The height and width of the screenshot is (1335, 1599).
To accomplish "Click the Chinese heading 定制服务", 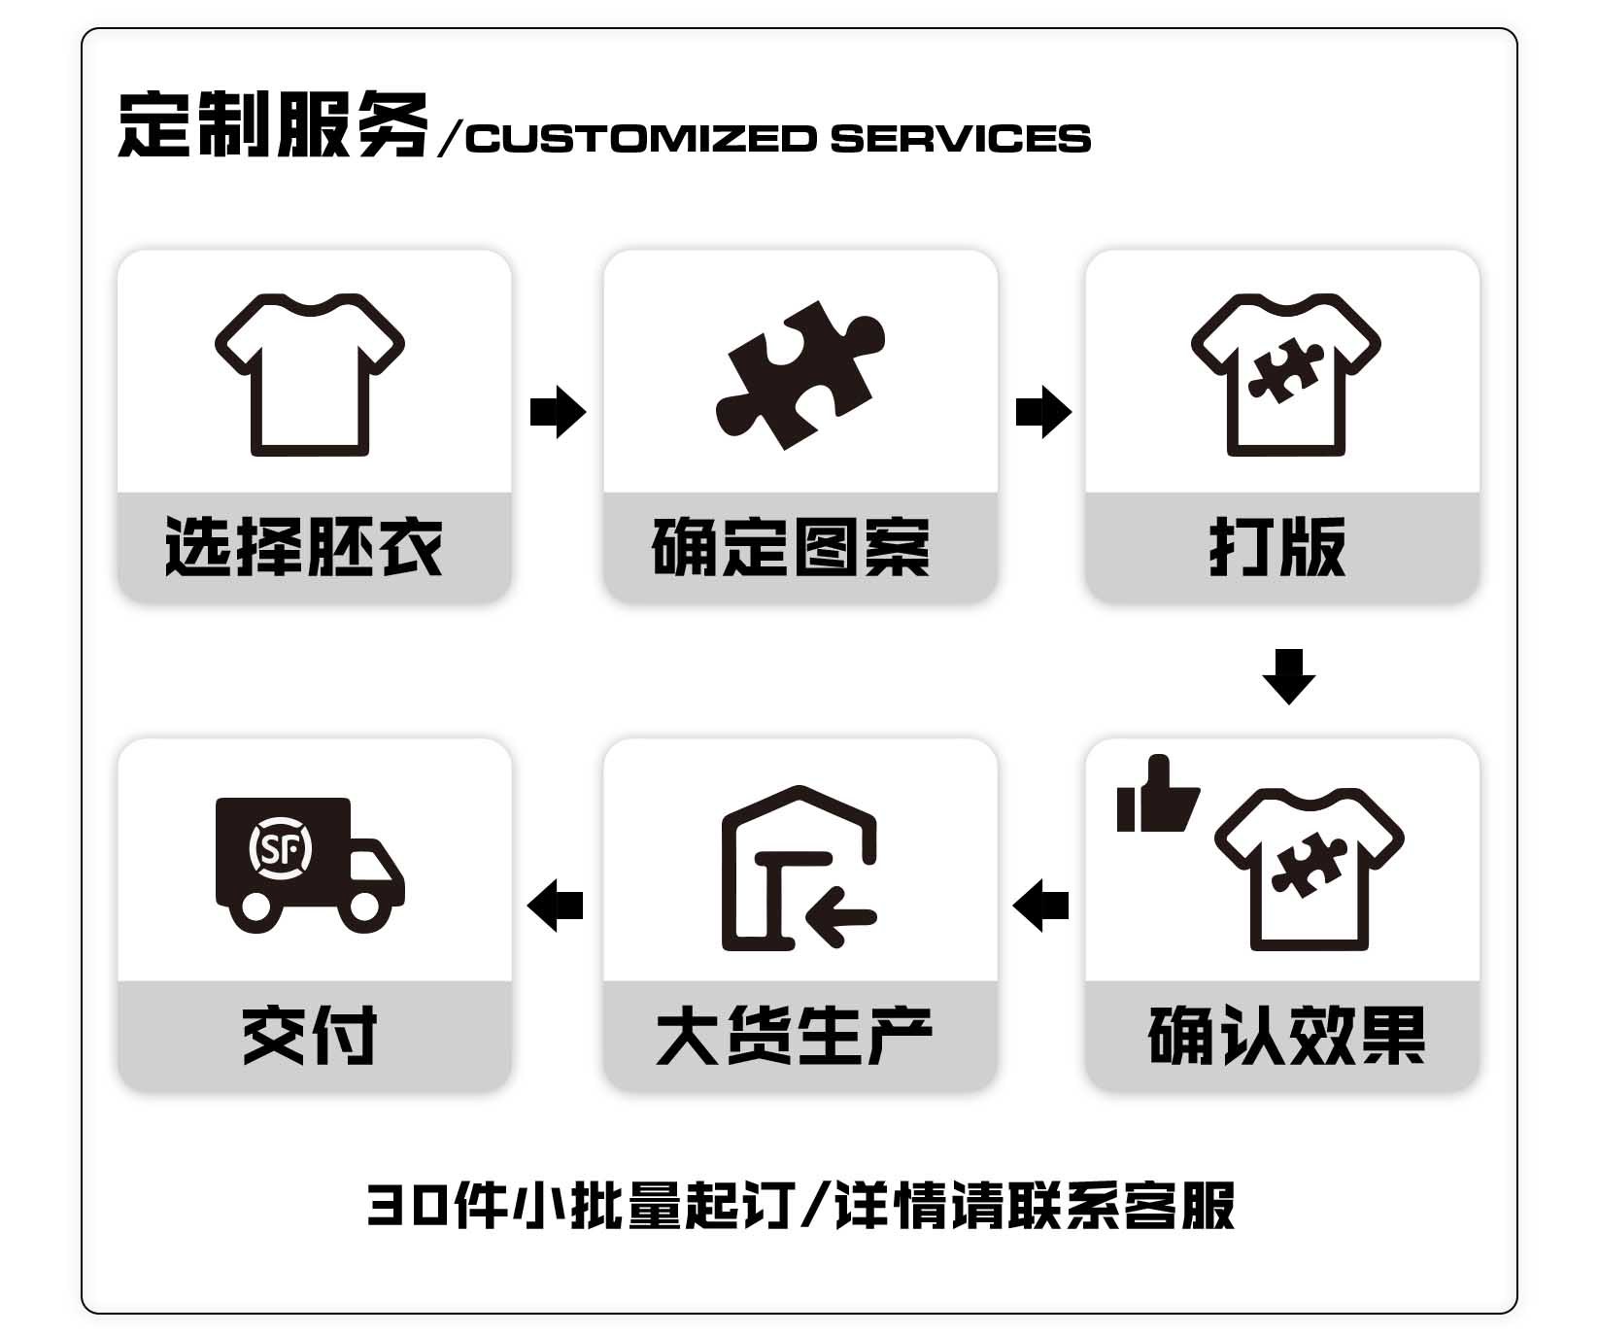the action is click(x=273, y=125).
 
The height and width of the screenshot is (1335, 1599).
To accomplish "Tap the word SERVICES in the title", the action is click(x=961, y=138).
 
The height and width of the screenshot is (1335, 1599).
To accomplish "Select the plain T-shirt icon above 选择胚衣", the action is click(x=310, y=375).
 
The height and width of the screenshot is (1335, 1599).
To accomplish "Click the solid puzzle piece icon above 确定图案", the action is click(x=800, y=375).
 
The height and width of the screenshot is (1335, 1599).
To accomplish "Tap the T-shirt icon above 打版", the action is click(x=1286, y=375).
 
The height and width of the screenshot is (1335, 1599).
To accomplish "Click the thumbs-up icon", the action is click(x=1157, y=794).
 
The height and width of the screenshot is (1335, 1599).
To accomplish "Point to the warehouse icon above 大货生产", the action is click(x=799, y=868).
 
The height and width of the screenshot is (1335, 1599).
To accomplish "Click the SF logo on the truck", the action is click(x=281, y=849).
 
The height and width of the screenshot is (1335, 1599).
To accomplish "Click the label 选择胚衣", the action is click(x=304, y=547).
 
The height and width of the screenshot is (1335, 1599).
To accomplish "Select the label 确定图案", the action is click(x=791, y=547).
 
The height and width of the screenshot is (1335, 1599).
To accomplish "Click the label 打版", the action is click(x=1277, y=547).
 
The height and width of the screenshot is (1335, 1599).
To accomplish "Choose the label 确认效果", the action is click(x=1287, y=1036).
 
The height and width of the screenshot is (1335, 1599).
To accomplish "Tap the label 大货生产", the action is click(x=795, y=1036).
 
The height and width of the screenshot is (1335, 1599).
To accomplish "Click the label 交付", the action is click(x=310, y=1036).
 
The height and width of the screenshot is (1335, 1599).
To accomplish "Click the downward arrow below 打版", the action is click(x=1289, y=676).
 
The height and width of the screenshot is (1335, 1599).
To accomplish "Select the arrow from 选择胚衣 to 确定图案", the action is click(x=559, y=412).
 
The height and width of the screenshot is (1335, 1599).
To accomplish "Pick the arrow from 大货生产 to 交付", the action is click(x=555, y=906).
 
